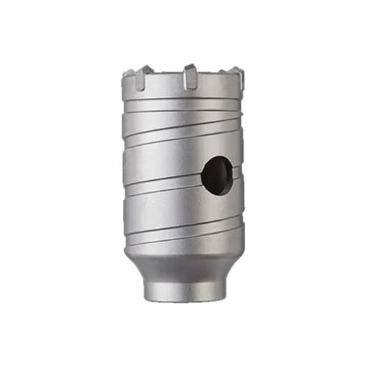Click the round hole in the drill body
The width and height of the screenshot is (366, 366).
[217, 175]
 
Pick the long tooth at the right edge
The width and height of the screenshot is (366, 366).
[237, 78]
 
